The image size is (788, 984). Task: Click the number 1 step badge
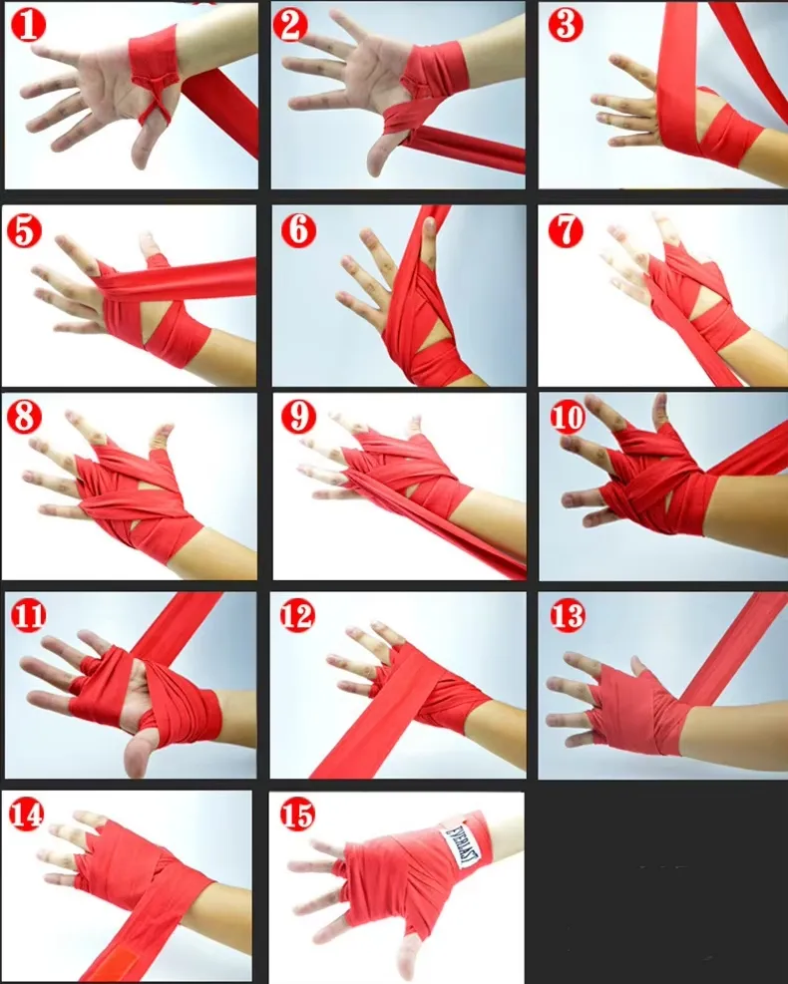[28, 25]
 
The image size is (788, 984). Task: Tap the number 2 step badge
[290, 25]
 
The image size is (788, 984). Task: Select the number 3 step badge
[566, 25]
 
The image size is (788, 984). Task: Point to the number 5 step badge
[24, 230]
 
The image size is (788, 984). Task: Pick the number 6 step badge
[298, 229]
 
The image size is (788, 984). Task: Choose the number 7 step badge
[566, 230]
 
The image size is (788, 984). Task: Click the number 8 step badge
[24, 417]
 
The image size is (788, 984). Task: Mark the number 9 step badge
[298, 416]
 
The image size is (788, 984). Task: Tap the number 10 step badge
[567, 417]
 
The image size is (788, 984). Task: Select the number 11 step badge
[28, 616]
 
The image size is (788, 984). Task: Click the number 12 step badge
[297, 615]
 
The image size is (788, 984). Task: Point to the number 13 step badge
[567, 616]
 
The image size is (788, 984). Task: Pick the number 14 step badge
[26, 814]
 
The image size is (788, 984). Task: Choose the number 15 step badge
[297, 816]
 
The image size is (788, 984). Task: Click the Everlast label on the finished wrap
[462, 847]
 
